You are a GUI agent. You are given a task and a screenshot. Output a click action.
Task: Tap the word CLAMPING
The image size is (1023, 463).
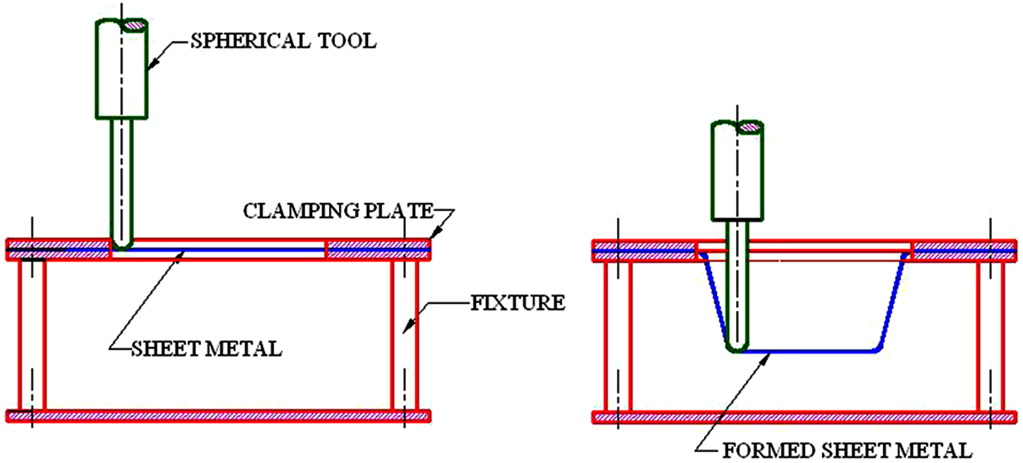(x=301, y=211)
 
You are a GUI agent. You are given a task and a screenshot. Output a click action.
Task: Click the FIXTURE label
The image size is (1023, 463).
(x=518, y=303)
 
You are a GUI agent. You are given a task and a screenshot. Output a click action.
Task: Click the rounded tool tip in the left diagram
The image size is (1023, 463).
(x=122, y=244)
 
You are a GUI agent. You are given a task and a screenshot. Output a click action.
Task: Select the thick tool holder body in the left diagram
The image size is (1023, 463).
(x=122, y=69)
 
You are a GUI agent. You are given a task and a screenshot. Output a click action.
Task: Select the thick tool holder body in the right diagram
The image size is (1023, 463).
(x=737, y=170)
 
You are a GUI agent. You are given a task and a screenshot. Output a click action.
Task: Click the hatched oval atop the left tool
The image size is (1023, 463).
(x=135, y=25)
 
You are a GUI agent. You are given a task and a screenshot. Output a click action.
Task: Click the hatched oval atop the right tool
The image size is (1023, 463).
(x=751, y=128)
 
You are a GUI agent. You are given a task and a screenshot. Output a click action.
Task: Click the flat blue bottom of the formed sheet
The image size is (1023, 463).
(x=809, y=351)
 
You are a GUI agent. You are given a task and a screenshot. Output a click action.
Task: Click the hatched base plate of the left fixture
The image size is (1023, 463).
(x=218, y=416)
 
